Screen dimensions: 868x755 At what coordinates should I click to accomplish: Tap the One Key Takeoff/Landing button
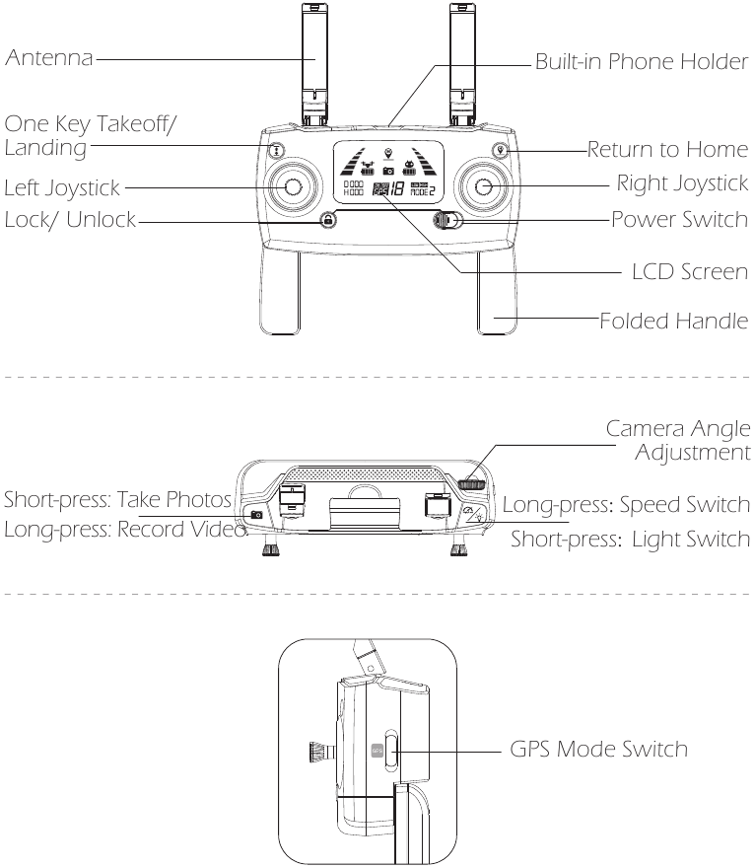[278, 152]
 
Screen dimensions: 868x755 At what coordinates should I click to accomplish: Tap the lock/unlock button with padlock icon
[327, 220]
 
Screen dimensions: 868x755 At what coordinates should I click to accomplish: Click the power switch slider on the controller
[447, 220]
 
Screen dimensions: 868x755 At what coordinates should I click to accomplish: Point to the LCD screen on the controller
[388, 173]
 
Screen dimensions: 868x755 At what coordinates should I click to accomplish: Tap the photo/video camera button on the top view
[257, 514]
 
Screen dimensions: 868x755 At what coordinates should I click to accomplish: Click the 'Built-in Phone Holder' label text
[642, 61]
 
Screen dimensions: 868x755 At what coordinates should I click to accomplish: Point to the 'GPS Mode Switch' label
[598, 749]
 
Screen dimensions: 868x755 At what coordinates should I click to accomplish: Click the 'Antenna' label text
[49, 60]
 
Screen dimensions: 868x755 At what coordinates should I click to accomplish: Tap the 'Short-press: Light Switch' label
[631, 540]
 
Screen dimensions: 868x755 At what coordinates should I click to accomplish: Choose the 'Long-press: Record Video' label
[124, 530]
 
